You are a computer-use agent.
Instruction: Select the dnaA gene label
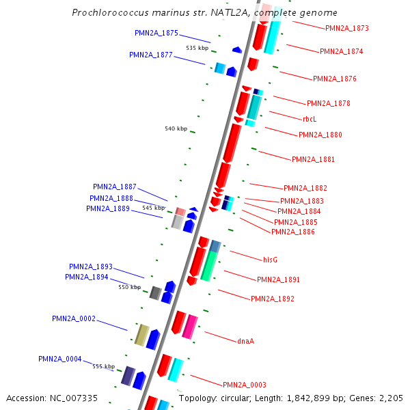(246, 340)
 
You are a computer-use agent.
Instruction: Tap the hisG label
(270, 260)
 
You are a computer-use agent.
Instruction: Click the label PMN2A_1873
(346, 29)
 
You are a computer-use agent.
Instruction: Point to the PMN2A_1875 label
(156, 33)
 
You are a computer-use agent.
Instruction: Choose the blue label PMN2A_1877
(151, 55)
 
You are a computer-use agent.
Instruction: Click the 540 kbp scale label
(176, 128)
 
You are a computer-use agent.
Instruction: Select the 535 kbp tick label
(197, 48)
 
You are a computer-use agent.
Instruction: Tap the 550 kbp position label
(129, 287)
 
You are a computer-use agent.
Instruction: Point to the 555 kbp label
(103, 366)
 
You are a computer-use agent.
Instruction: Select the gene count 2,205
(389, 398)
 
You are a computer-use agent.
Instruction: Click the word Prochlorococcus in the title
(110, 13)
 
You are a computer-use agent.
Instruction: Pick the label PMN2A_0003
(245, 385)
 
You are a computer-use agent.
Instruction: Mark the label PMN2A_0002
(74, 318)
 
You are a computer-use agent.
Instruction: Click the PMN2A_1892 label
(273, 299)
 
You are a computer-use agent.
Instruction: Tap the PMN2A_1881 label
(314, 159)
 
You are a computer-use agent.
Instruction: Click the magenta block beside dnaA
(190, 327)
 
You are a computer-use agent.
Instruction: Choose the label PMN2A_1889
(108, 208)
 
